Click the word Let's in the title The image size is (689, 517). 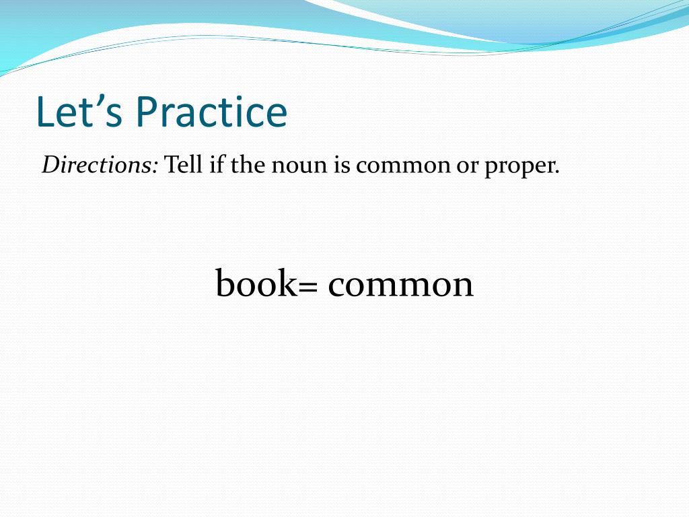tap(79, 112)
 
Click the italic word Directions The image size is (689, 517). tap(97, 165)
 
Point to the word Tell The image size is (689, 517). tap(183, 165)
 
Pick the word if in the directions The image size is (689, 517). tap(217, 165)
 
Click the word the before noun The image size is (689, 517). tap(248, 165)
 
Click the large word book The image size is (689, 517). tap(257, 283)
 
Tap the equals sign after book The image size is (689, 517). tap(307, 287)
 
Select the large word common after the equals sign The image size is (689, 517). tap(401, 287)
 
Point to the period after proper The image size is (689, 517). tap(557, 173)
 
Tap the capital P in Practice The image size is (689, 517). tap(147, 112)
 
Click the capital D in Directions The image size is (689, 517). tap(51, 166)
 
